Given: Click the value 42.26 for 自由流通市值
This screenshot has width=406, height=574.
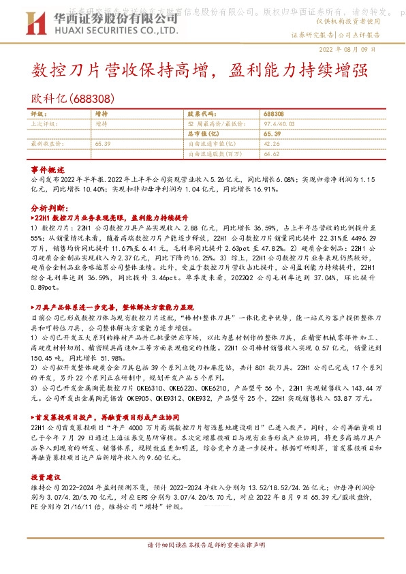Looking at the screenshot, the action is coord(272,145).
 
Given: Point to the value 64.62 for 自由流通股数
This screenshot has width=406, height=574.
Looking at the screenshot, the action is coord(272,155).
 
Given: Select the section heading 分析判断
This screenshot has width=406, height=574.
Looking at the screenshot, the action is coord(50,205).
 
